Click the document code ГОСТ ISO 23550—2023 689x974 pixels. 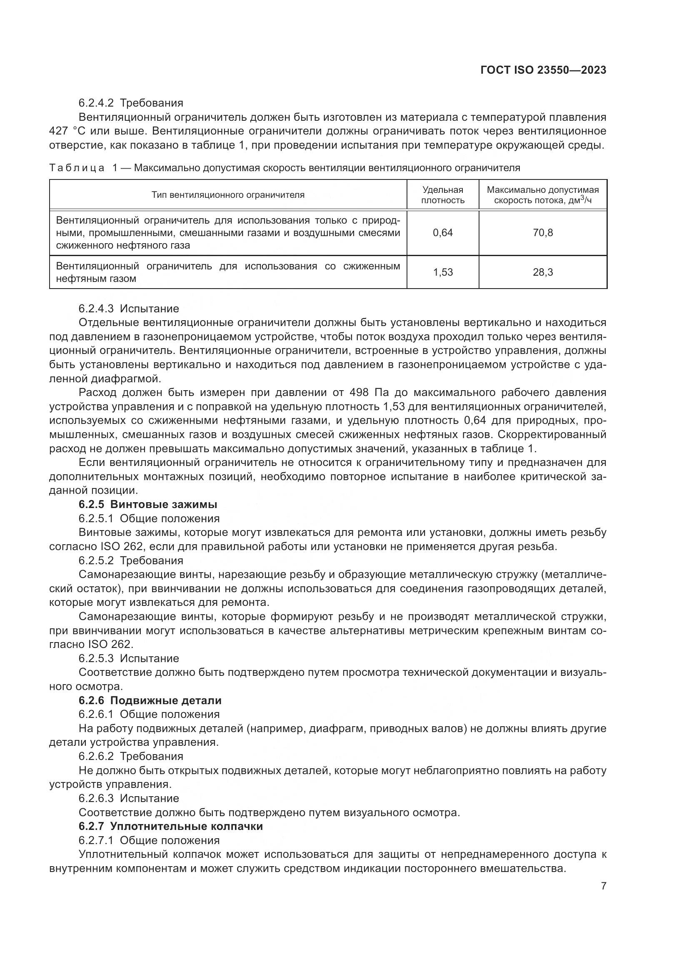coord(543,70)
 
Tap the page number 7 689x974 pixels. coord(603,886)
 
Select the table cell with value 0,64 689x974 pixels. coord(442,232)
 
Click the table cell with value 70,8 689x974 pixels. coord(543,232)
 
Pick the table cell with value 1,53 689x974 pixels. coord(442,272)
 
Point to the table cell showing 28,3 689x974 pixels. coord(543,272)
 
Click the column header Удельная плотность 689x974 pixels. coord(442,195)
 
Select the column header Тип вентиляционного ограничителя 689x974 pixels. coord(228,195)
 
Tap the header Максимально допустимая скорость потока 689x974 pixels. coord(543,195)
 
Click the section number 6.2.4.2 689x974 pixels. coord(96,103)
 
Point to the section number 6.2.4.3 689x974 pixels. coord(96,309)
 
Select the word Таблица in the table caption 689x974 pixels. coord(77,168)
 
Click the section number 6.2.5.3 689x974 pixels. coord(96,658)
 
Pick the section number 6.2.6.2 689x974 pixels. coord(96,756)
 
